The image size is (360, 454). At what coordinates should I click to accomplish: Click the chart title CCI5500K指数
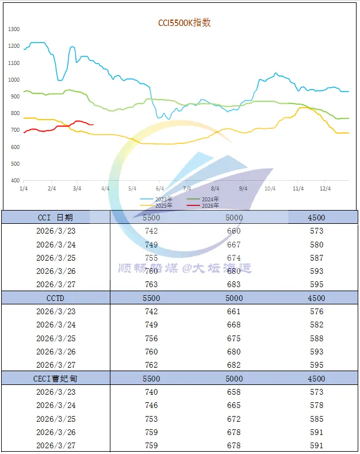[x=185, y=23]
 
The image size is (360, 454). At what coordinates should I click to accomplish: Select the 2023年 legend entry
[x=164, y=199]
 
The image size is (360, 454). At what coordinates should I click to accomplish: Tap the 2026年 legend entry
[x=210, y=205]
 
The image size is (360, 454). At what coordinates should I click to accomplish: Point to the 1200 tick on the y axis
[x=14, y=46]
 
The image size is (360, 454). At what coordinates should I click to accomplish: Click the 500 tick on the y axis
[x=16, y=164]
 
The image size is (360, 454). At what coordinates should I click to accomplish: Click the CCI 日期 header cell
[x=56, y=218]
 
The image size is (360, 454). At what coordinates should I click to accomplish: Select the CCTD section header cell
[x=56, y=298]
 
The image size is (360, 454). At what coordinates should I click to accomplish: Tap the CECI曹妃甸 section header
[x=56, y=379]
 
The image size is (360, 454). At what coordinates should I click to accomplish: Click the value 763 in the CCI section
[x=152, y=284]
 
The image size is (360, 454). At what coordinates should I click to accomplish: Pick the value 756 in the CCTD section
[x=152, y=338]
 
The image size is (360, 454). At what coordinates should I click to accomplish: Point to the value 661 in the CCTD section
[x=234, y=311]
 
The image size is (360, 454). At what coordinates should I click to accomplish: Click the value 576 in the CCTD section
[x=316, y=311]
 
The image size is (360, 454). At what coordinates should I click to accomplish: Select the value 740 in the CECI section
[x=152, y=392]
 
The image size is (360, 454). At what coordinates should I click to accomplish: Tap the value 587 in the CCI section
[x=316, y=258]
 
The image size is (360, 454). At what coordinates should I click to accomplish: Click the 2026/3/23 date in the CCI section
[x=56, y=231]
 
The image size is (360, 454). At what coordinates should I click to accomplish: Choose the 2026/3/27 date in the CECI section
[x=56, y=445]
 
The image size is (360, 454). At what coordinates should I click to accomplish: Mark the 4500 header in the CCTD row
[x=316, y=298]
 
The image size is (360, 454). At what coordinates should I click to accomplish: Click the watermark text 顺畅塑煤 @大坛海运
[x=185, y=268]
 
